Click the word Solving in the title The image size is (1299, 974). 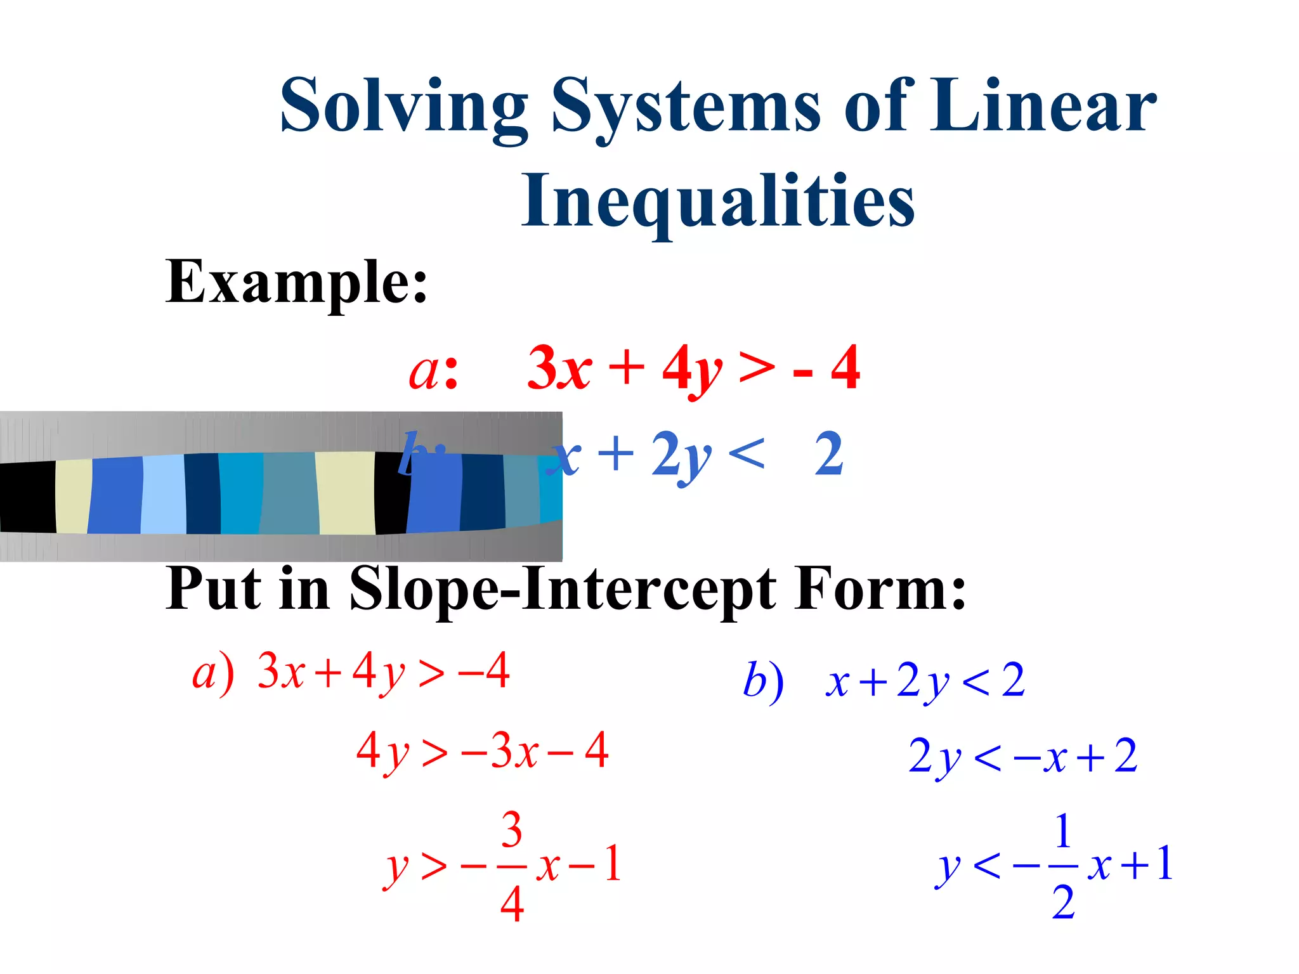(x=403, y=106)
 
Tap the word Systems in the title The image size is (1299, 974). (x=686, y=106)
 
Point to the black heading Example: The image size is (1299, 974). (x=296, y=282)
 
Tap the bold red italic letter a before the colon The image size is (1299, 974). (x=424, y=370)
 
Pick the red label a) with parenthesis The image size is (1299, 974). (x=213, y=673)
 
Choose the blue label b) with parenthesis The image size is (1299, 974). (x=763, y=681)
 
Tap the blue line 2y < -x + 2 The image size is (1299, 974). (x=1022, y=756)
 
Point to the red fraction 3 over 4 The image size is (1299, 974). (x=511, y=866)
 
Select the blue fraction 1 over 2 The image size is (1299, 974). (x=1063, y=866)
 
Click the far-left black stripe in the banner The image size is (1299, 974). (x=27, y=497)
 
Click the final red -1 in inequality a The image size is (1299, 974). (x=596, y=864)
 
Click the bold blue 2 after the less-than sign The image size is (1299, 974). (x=829, y=454)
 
